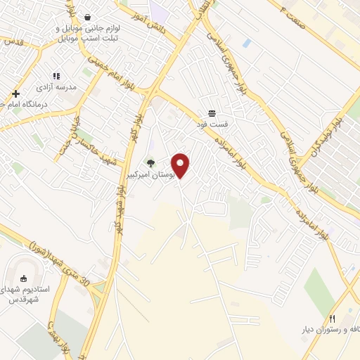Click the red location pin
tap(181, 165)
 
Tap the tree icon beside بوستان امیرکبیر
tap(150, 162)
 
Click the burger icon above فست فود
tap(212, 113)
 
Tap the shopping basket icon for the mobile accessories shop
tap(87, 17)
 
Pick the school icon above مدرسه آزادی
tap(57, 76)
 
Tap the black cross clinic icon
tap(15, 93)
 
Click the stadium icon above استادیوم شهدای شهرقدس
tap(24, 278)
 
